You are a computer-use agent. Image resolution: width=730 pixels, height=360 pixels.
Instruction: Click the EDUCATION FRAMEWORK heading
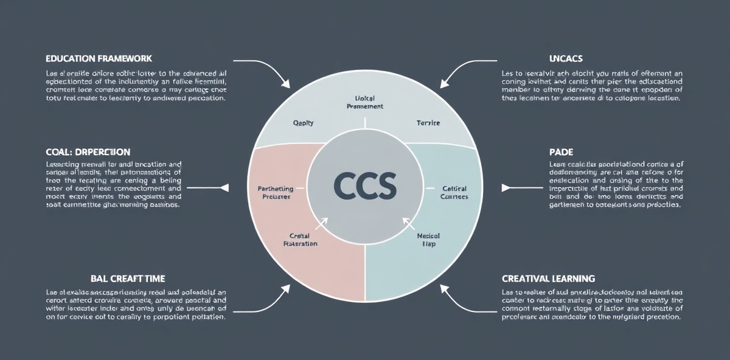point(99,59)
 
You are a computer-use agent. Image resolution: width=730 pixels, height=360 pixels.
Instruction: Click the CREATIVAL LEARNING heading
point(548,279)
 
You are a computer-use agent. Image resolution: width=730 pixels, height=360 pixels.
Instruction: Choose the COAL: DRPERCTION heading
point(88,151)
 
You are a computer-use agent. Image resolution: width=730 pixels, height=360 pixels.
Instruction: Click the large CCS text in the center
point(364,185)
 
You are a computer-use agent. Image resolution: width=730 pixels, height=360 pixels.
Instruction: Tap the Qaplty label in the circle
point(303,123)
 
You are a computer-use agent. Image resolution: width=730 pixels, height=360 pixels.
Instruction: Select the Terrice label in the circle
point(428,123)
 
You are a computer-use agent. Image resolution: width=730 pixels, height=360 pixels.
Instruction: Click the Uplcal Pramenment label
point(364,102)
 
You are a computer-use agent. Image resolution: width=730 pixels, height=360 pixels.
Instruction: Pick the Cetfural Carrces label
point(454,193)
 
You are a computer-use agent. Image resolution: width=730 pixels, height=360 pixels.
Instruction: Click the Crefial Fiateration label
point(301,239)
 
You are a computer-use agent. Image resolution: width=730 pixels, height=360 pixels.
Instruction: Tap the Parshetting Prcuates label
point(274,193)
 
